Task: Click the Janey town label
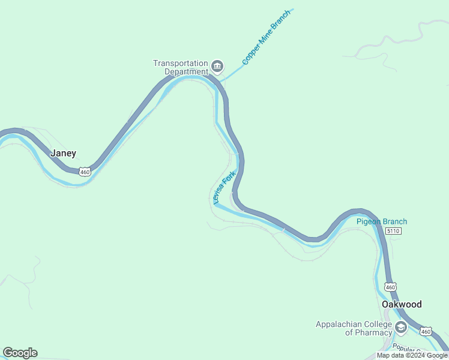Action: [x=63, y=153]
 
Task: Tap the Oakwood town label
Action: [x=402, y=304]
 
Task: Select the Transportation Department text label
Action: [x=180, y=67]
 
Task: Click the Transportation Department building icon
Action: [x=217, y=65]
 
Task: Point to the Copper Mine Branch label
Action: [x=266, y=37]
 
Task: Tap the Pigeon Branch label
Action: [x=382, y=221]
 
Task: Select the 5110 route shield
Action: [x=393, y=231]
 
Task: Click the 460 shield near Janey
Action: [x=85, y=172]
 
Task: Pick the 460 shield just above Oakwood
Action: [x=390, y=287]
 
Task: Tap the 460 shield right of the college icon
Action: [x=426, y=331]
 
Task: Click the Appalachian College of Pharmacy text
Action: [x=354, y=328]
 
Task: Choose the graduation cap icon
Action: [x=401, y=328]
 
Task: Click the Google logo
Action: [x=20, y=353]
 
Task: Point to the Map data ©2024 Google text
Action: [x=412, y=355]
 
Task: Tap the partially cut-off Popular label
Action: [x=405, y=348]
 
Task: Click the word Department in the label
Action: [x=186, y=72]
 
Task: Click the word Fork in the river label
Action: [x=229, y=179]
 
